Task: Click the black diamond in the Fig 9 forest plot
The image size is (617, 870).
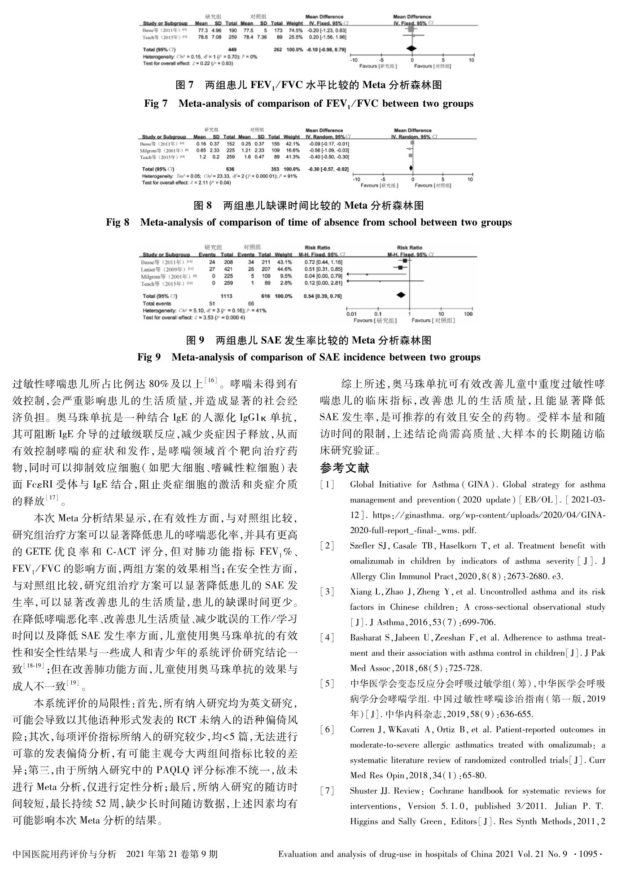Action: (401, 295)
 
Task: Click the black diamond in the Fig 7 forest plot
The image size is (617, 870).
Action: (411, 48)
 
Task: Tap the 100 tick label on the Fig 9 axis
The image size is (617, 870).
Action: (468, 314)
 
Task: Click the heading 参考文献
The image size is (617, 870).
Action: (344, 468)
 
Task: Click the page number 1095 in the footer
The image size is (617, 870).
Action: (588, 854)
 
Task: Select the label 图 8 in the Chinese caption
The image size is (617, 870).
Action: (202, 206)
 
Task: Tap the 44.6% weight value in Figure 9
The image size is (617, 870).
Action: (283, 270)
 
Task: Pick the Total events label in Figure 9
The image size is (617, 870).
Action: (157, 304)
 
